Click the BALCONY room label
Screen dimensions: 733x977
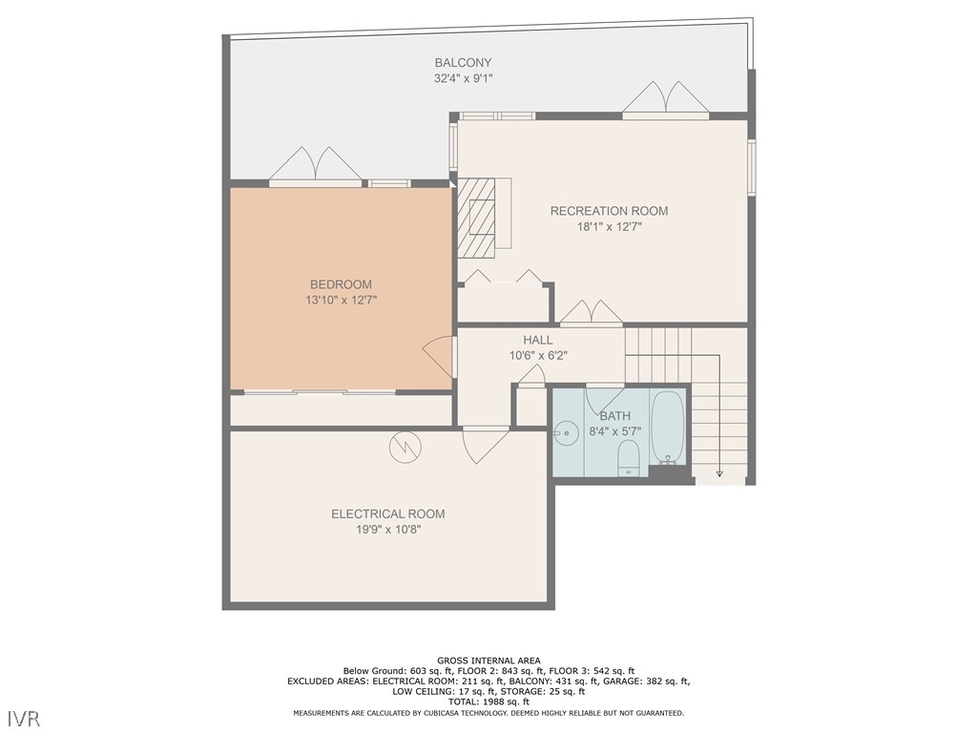click(463, 63)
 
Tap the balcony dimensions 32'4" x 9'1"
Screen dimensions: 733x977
click(463, 79)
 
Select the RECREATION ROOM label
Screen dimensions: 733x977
click(609, 211)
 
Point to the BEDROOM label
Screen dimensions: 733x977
click(341, 284)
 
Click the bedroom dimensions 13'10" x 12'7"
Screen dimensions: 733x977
click(341, 301)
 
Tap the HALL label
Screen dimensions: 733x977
click(537, 340)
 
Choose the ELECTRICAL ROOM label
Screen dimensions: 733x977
click(387, 513)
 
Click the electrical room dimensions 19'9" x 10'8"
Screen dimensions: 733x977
click(387, 530)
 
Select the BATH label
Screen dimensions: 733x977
click(614, 416)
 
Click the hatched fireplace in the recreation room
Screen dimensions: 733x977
click(477, 218)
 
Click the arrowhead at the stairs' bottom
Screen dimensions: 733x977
click(719, 472)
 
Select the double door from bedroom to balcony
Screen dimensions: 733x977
click(315, 165)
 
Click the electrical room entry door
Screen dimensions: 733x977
click(486, 444)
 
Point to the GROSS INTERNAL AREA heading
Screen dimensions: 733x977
click(488, 660)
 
